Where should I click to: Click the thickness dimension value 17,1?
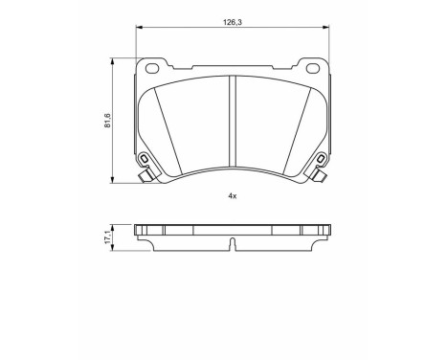tap(108, 236)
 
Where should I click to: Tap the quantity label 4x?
tap(232, 195)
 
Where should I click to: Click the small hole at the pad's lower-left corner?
tap(145, 159)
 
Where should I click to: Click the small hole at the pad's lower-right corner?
tap(318, 159)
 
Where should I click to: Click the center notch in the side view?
tap(233, 245)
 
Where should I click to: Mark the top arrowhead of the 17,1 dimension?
tap(116, 227)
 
